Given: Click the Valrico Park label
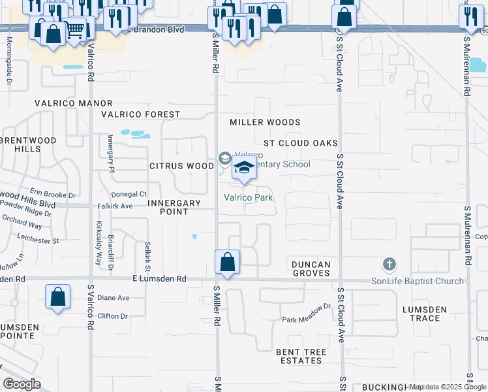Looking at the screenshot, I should point(248,197).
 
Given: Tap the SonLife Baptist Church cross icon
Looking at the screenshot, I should point(389,265).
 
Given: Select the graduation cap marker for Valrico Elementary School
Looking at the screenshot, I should point(244,170).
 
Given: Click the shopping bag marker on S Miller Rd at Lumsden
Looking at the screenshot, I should point(227,263).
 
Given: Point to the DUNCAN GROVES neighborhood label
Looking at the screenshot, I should point(311,269).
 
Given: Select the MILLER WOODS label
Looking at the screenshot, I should point(265,122).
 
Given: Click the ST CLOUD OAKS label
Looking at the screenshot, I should point(300,143).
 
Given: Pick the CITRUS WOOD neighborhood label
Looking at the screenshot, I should point(181,166).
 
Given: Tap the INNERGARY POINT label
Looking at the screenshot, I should point(174,207).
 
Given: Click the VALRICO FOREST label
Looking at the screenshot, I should point(140,114).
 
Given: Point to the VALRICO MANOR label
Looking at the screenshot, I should point(75,103).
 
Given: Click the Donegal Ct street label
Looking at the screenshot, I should point(129,194).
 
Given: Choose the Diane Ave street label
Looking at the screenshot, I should point(114,298).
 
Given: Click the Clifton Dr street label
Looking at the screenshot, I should point(112,316).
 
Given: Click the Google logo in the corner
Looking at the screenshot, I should point(22,384).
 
